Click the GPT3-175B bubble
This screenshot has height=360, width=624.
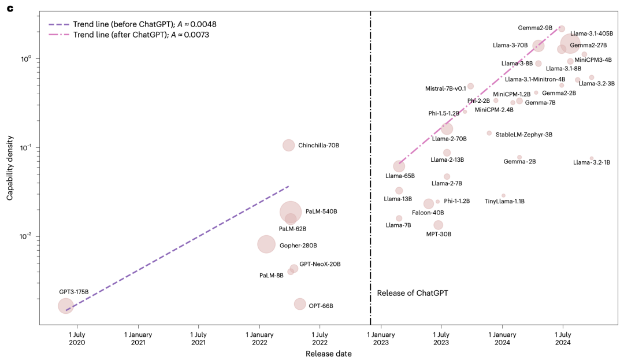(66, 306)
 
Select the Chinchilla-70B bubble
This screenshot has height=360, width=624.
(288, 145)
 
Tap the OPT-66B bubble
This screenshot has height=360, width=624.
(299, 304)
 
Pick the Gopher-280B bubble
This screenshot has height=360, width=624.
(266, 244)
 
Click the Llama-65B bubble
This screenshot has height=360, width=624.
(399, 166)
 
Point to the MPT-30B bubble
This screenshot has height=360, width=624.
(438, 225)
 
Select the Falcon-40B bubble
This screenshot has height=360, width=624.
(428, 203)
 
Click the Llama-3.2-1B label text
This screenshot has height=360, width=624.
(591, 162)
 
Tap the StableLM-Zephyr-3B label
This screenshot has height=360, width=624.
(523, 134)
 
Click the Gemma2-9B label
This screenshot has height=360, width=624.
(535, 28)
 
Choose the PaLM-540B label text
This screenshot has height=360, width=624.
(321, 211)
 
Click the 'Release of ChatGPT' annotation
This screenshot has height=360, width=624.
(412, 293)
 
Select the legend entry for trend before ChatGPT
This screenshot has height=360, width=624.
(132, 24)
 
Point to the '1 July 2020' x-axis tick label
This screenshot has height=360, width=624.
(76, 339)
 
